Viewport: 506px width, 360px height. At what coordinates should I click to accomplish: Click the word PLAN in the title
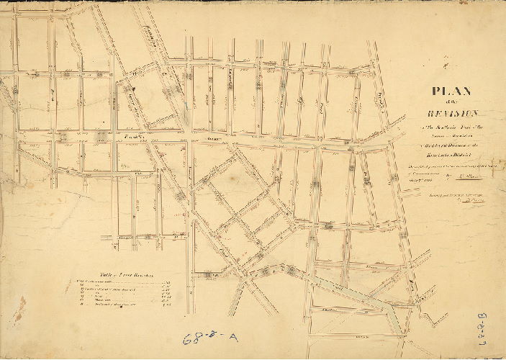pyautogui.click(x=451, y=91)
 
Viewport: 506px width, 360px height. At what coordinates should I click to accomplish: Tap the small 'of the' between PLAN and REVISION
pyautogui.click(x=451, y=103)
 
